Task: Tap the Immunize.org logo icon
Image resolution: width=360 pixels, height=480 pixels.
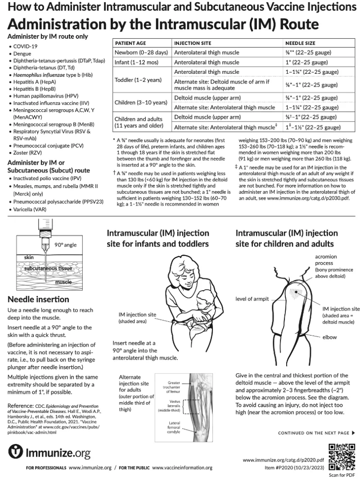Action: point(15,452)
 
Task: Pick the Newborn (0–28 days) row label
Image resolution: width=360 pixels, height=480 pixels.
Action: point(141,53)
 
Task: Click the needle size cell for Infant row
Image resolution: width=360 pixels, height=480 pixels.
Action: point(306,63)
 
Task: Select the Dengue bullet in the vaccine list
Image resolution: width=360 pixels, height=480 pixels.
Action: point(22,54)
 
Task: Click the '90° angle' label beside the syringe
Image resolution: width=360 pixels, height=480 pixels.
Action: point(66,245)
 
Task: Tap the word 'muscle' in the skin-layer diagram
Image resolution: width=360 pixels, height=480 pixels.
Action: point(64,282)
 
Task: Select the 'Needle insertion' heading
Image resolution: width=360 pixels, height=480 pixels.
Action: point(39,299)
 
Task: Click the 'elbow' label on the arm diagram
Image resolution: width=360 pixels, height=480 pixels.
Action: point(330,336)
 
